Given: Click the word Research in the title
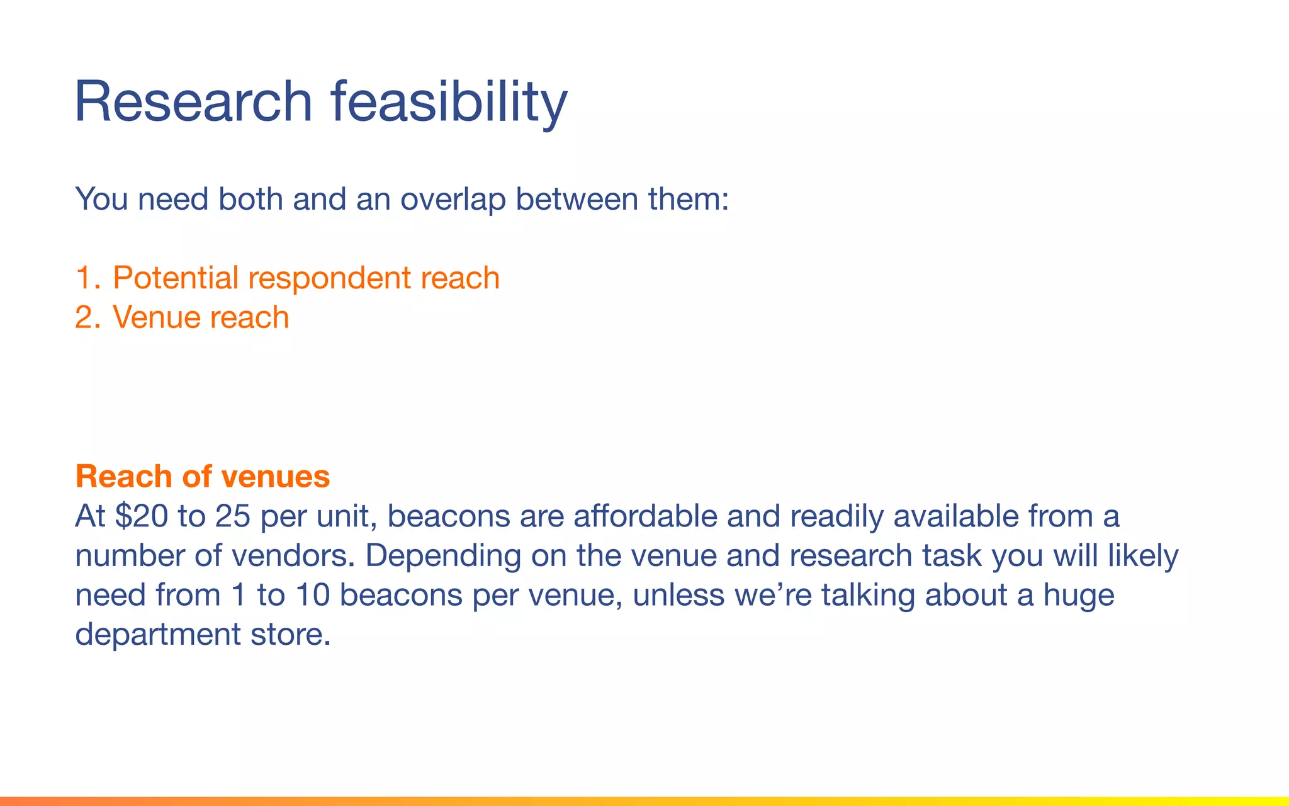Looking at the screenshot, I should pyautogui.click(x=193, y=102).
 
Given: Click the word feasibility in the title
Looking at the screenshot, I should pyautogui.click(x=449, y=102).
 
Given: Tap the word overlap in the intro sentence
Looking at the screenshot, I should pyautogui.click(x=453, y=199).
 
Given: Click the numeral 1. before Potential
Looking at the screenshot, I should pyautogui.click(x=87, y=278).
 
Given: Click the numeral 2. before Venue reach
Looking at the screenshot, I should pyautogui.click(x=87, y=317).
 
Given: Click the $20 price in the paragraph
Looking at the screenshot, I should pyautogui.click(x=142, y=516).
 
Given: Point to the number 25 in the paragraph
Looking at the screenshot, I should pyautogui.click(x=232, y=516).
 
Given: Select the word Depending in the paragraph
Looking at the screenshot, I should pyautogui.click(x=443, y=557).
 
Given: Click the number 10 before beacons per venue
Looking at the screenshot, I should pyautogui.click(x=313, y=595).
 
